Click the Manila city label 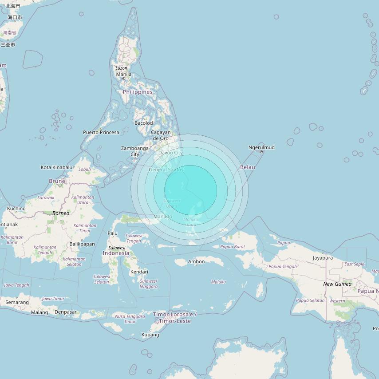point(123,74)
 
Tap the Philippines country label point(138,92)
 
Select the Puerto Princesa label point(101,132)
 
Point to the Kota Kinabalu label point(56,167)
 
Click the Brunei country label point(58,181)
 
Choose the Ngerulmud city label point(261,147)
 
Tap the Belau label point(248,167)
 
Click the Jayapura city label point(323,258)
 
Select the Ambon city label point(196,262)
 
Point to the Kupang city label point(150,335)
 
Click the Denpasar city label point(65,312)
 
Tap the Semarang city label point(17,302)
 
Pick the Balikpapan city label point(82,244)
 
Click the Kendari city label point(139,272)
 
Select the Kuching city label point(16,208)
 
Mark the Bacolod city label point(143,123)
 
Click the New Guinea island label point(337,284)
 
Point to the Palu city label point(113,233)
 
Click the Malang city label point(39,312)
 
